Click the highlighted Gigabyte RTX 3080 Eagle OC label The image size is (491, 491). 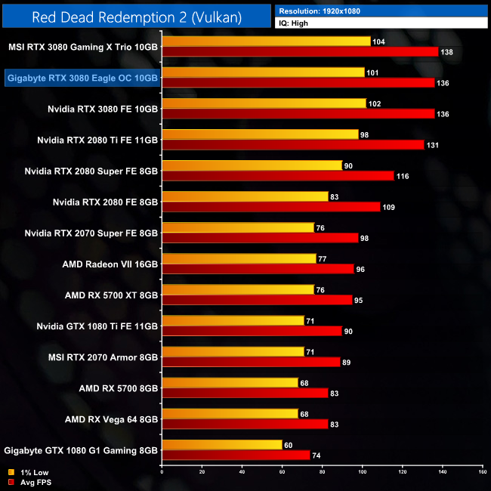[82, 78]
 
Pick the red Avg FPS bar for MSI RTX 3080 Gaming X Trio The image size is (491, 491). [300, 51]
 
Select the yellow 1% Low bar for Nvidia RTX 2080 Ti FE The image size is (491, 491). [260, 134]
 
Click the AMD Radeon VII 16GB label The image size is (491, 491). [112, 264]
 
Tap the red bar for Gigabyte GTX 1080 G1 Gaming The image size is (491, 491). [236, 455]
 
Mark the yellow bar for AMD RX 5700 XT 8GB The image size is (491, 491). [238, 289]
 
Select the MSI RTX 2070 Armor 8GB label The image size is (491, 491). [110, 357]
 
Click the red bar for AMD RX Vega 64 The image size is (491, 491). [245, 425]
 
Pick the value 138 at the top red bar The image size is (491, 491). [447, 52]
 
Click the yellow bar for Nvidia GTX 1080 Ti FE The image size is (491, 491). [233, 320]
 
